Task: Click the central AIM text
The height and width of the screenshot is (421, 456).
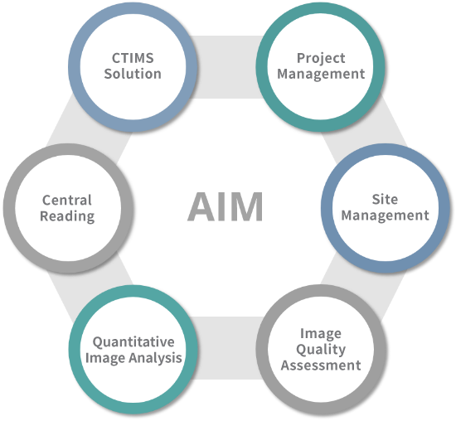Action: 225,206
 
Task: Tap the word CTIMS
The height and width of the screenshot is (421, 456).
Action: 133,58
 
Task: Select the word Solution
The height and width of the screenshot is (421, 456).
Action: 133,74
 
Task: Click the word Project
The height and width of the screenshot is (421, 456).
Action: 321,59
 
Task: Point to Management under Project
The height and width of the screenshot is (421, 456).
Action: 321,74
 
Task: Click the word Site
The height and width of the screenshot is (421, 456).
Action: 385,200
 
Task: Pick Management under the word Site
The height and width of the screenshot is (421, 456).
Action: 385,215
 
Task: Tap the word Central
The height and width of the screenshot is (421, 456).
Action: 67,200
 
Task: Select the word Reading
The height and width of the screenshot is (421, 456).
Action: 67,216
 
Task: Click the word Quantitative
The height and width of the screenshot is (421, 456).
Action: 133,342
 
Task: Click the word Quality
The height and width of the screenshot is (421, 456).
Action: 321,350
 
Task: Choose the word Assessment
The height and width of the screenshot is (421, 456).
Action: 321,365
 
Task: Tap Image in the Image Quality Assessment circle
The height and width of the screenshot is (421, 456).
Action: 321,334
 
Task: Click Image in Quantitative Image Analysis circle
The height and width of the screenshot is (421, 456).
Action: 106,358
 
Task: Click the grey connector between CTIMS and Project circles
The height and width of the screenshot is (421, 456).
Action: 227,67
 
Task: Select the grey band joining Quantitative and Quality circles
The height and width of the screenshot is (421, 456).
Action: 227,348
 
